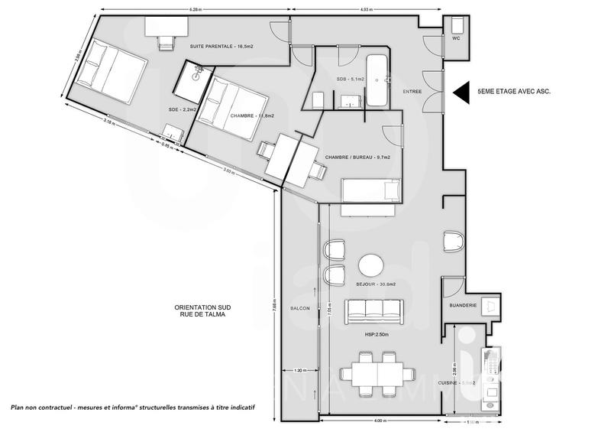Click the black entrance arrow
(461, 91)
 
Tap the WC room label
(456, 37)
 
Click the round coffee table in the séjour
(372, 265)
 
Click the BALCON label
(300, 309)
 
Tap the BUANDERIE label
(464, 305)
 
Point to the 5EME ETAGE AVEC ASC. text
(514, 91)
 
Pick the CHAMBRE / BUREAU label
(357, 157)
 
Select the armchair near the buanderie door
(453, 242)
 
